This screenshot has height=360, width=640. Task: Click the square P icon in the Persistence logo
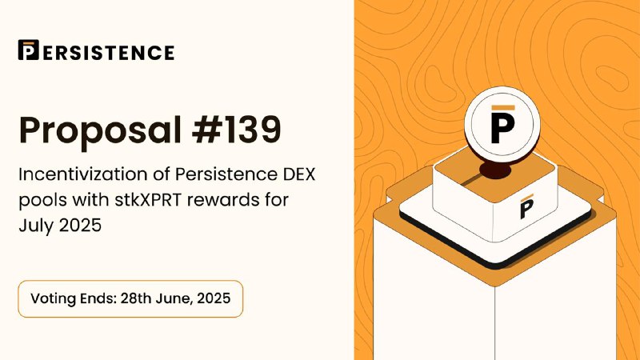pyautogui.click(x=29, y=50)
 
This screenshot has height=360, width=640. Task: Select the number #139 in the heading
pyautogui.click(x=237, y=130)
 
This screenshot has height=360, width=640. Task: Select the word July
pyautogui.click(x=36, y=226)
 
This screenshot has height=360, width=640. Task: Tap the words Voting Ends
pyautogui.click(x=74, y=298)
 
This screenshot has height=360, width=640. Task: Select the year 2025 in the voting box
pyautogui.click(x=214, y=298)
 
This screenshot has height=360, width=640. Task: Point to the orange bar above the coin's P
pyautogui.click(x=503, y=108)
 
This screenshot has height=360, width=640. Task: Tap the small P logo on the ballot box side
pyautogui.click(x=526, y=206)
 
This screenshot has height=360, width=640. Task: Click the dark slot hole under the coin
pyautogui.click(x=494, y=170)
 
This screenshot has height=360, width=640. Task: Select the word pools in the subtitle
pyautogui.click(x=42, y=201)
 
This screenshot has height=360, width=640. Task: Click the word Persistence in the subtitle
pyautogui.click(x=226, y=174)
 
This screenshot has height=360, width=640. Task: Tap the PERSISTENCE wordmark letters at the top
pyautogui.click(x=109, y=53)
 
